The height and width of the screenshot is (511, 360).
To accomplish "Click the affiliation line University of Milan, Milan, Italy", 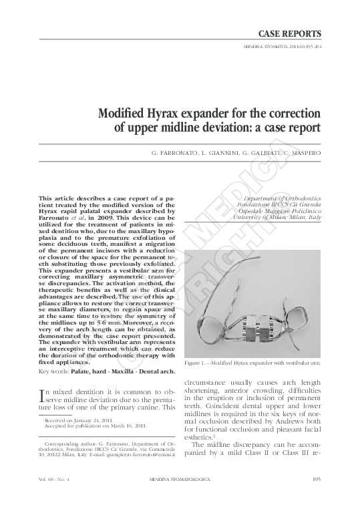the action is pyautogui.click(x=279, y=218).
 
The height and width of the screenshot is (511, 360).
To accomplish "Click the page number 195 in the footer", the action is pyautogui.click(x=317, y=496).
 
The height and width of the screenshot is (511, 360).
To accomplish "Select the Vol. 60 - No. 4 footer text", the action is pyautogui.click(x=54, y=496).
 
